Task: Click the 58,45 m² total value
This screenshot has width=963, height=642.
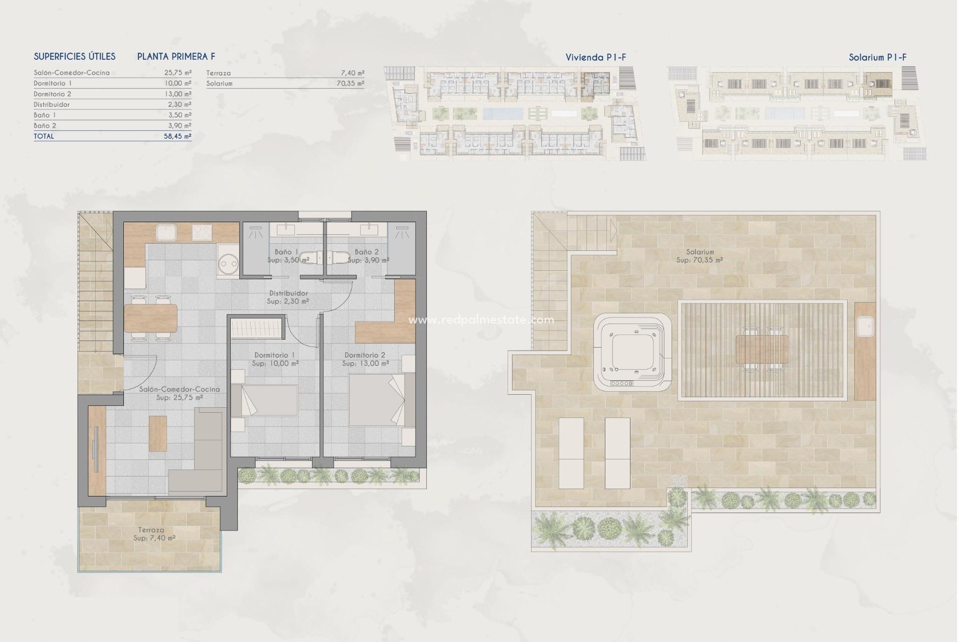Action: (178, 136)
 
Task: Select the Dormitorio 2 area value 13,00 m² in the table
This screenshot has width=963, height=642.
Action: (178, 94)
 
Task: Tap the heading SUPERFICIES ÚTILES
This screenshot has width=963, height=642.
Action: (75, 57)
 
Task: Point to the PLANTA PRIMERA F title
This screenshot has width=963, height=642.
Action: (176, 57)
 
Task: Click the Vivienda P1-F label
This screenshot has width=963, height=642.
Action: (595, 58)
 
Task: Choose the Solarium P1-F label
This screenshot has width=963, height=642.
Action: (877, 58)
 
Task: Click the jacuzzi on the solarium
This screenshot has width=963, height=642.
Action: (632, 354)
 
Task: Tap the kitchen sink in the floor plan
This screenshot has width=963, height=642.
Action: (165, 232)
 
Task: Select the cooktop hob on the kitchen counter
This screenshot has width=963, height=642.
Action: (202, 232)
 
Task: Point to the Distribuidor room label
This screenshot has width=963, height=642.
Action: (288, 293)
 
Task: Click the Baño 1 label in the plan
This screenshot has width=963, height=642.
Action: (286, 252)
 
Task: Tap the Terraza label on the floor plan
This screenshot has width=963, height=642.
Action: (151, 530)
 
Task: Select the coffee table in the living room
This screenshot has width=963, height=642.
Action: (157, 433)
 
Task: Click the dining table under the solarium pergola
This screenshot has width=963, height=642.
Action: (762, 350)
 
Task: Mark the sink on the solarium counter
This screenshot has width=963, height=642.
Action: (865, 327)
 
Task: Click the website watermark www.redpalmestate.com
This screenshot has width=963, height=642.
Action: (481, 319)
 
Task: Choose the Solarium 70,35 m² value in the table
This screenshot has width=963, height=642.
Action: (350, 84)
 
